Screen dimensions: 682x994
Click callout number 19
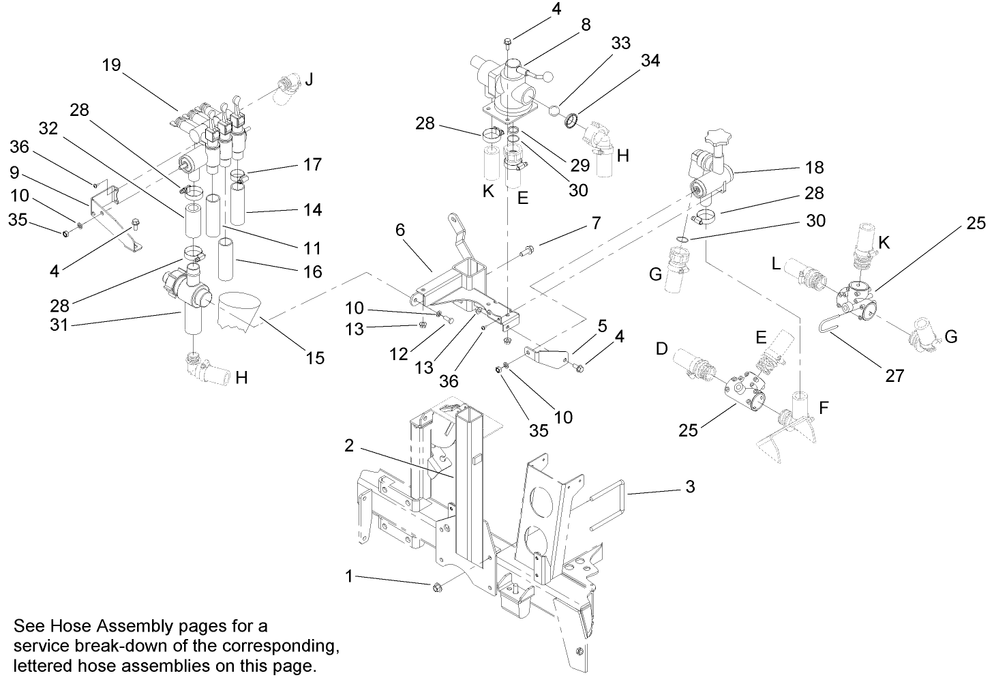pyautogui.click(x=111, y=65)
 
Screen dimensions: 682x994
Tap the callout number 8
pyautogui.click(x=586, y=25)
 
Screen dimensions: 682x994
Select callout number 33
pyautogui.click(x=620, y=43)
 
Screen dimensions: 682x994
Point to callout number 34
pyautogui.click(x=650, y=61)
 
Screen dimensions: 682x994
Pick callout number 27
pyautogui.click(x=894, y=375)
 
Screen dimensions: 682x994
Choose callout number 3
pyautogui.click(x=690, y=487)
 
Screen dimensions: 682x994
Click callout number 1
pyautogui.click(x=349, y=576)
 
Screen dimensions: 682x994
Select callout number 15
pyautogui.click(x=315, y=357)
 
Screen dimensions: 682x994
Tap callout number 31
pyautogui.click(x=59, y=325)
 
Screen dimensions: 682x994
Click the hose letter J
pyautogui.click(x=309, y=80)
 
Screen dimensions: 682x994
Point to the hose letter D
pyautogui.click(x=661, y=349)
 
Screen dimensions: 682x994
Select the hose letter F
pyautogui.click(x=824, y=408)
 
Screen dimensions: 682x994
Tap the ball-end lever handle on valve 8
pyautogui.click(x=546, y=77)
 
